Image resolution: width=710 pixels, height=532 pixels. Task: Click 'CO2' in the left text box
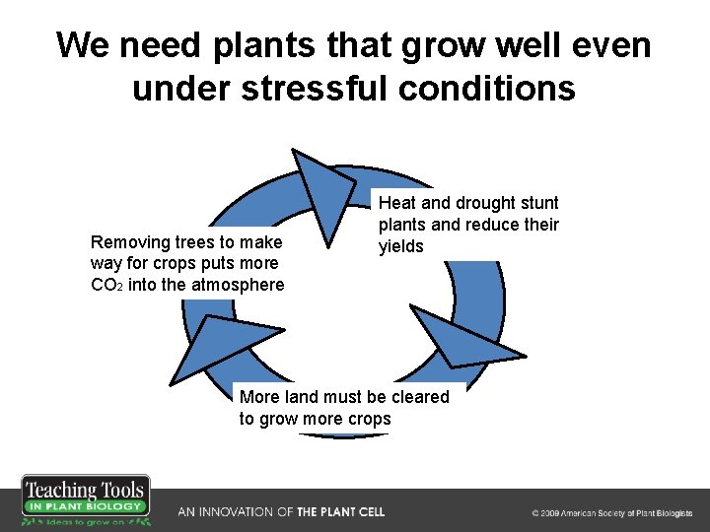click(x=106, y=286)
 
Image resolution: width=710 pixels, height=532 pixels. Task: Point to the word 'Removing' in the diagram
click(x=128, y=242)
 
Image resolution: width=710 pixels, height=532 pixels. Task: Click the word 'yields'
click(x=402, y=246)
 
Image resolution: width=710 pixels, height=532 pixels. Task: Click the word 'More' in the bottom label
click(x=259, y=397)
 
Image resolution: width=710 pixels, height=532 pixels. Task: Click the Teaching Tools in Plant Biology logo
click(x=86, y=501)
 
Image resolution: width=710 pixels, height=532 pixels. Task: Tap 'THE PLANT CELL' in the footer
click(x=340, y=512)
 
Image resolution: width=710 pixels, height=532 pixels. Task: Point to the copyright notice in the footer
click(x=611, y=513)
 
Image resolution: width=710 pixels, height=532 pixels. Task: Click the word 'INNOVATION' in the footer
click(x=239, y=512)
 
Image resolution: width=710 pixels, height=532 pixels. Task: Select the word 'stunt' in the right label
click(x=537, y=203)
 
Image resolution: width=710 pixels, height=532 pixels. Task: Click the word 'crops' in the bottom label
click(x=366, y=419)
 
